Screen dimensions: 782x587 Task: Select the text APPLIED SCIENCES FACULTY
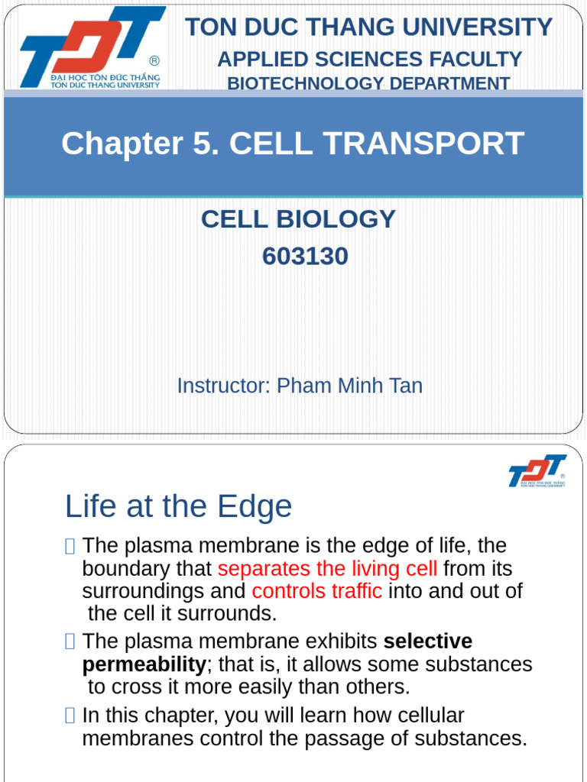coord(369,60)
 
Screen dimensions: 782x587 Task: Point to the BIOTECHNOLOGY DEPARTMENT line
coord(368,84)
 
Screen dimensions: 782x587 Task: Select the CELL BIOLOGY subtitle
coord(298,219)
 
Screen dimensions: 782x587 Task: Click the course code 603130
coord(305,256)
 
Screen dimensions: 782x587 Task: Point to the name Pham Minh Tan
coord(349,386)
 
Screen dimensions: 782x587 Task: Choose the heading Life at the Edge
coord(178,506)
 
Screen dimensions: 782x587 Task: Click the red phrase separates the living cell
coord(327,569)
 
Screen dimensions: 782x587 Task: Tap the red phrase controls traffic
coord(317,591)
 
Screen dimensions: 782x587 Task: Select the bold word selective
coord(427,641)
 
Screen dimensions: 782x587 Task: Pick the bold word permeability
coord(144,664)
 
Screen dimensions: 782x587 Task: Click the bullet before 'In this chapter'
coord(70,716)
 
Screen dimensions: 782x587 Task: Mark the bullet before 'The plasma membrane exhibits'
coord(70,641)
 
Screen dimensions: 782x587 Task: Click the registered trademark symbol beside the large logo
coord(154,61)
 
